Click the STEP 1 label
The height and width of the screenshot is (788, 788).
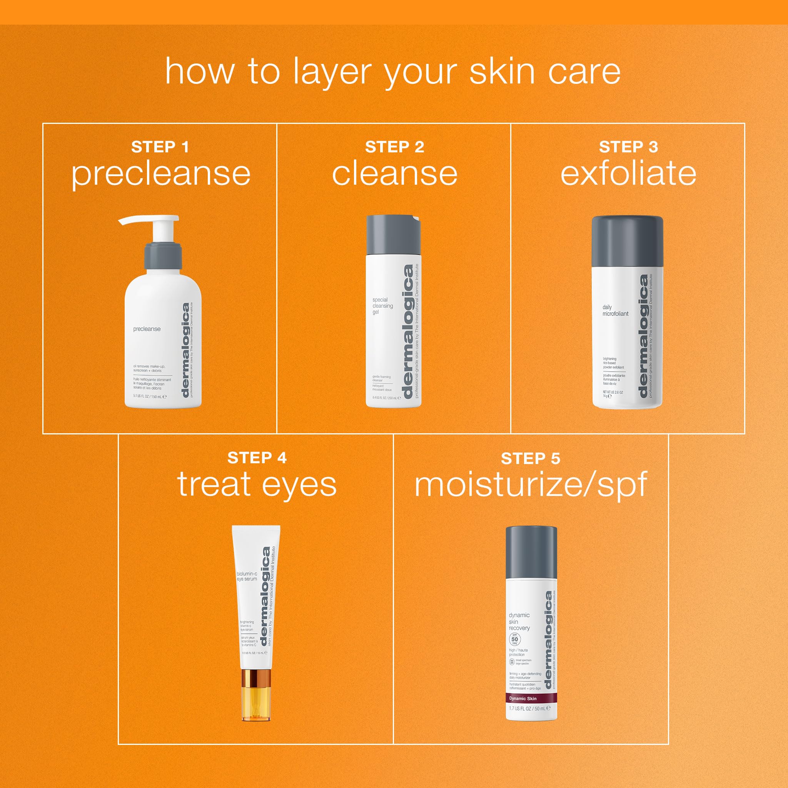(160, 147)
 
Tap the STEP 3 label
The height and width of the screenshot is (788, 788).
(628, 147)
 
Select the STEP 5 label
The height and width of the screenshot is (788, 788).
(530, 458)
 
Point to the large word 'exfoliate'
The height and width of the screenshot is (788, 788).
(628, 174)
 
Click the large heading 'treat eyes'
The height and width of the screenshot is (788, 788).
(257, 484)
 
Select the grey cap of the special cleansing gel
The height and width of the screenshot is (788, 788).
(393, 235)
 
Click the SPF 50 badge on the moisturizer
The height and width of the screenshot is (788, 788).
(514, 639)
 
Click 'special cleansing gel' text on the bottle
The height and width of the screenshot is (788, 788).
(382, 306)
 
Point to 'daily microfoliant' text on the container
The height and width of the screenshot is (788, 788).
(615, 311)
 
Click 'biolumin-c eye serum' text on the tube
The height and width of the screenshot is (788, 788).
(247, 576)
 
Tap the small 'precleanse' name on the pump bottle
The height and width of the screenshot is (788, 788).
(147, 329)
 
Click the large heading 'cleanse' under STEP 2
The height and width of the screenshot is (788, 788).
(394, 174)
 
